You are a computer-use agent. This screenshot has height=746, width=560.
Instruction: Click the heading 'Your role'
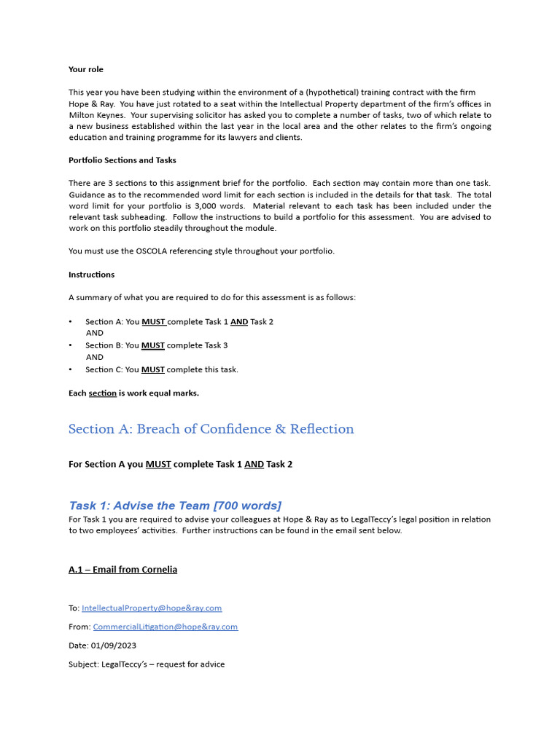click(86, 70)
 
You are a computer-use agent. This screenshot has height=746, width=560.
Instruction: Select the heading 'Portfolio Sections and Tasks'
click(122, 160)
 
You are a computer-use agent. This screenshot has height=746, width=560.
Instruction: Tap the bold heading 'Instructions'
click(91, 275)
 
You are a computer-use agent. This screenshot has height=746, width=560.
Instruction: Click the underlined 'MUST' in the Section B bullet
click(152, 345)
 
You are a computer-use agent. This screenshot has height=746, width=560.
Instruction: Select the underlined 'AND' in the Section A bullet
click(239, 322)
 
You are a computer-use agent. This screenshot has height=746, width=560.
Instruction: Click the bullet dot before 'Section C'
click(71, 369)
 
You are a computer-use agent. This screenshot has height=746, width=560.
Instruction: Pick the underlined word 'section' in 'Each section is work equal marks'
click(102, 393)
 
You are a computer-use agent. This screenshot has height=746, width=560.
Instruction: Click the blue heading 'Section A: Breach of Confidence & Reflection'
click(211, 429)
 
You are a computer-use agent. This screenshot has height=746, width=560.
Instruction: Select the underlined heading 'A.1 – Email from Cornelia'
click(122, 570)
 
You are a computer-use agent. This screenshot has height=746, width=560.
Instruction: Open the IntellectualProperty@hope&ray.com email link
click(152, 608)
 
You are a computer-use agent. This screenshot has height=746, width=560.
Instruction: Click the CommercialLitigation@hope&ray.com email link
click(165, 627)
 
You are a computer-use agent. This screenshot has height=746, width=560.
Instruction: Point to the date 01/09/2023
click(114, 645)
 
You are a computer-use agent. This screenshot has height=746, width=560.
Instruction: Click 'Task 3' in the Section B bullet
click(216, 345)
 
